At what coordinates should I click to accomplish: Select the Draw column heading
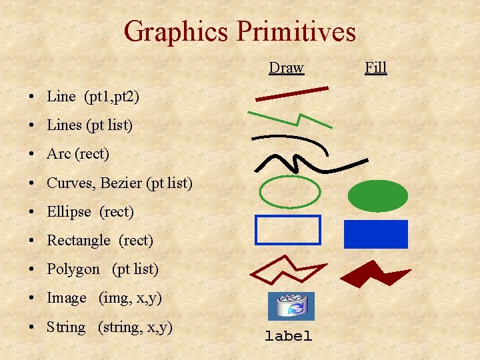tap(286, 67)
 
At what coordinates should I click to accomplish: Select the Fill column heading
tap(375, 67)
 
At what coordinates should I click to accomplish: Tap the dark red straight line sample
tap(292, 93)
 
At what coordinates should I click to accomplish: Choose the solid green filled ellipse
tap(377, 194)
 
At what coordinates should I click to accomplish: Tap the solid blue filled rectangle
tap(375, 234)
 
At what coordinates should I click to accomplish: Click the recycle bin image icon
tap(291, 306)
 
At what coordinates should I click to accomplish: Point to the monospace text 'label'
tap(288, 337)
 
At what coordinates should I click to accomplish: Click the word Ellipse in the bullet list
tap(69, 212)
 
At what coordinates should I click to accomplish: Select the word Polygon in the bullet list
tap(73, 269)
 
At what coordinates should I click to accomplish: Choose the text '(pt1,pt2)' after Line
tap(111, 96)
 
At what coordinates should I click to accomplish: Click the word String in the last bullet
tap(66, 327)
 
